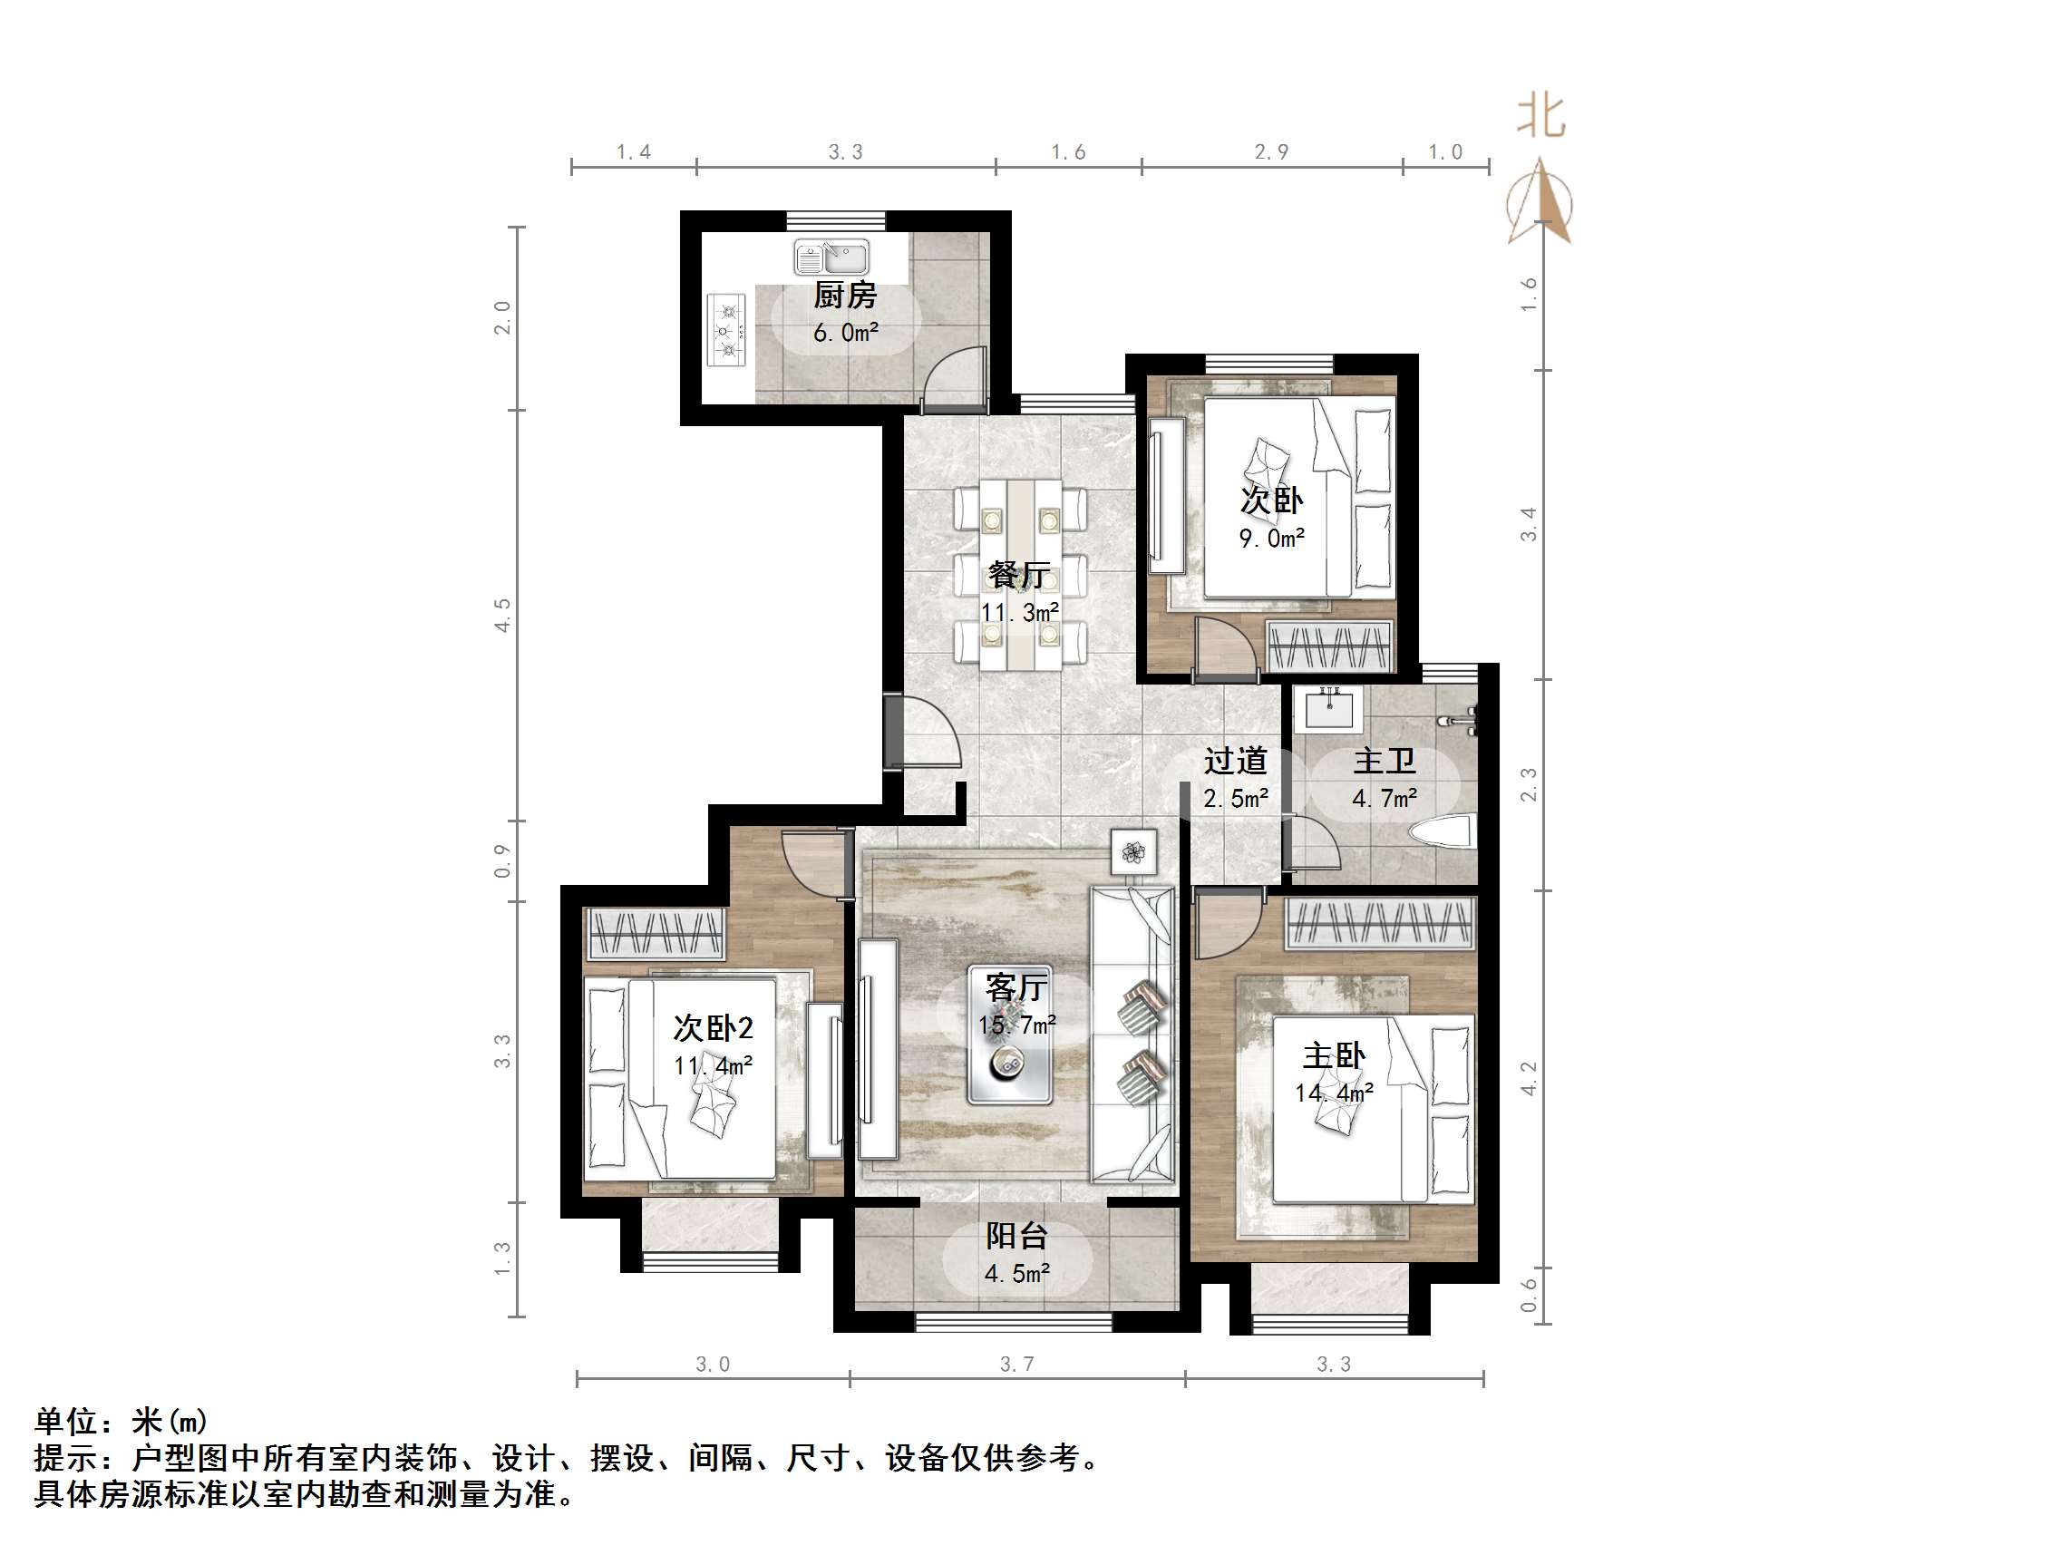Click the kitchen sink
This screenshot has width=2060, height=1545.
(x=831, y=257)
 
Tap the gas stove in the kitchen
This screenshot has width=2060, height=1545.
(x=727, y=330)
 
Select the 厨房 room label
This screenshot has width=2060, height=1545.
(x=845, y=296)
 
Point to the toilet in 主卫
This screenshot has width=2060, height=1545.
(x=1442, y=831)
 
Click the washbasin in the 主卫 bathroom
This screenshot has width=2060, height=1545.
(x=1329, y=708)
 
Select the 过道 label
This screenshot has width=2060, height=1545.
(x=1235, y=761)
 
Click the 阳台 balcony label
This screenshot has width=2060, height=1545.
(x=1017, y=1236)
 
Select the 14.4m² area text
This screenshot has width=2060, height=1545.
(x=1334, y=1093)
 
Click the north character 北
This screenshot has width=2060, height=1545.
(x=1540, y=116)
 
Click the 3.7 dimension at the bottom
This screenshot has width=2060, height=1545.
(x=1016, y=1365)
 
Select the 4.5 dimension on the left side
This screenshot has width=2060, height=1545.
(x=503, y=616)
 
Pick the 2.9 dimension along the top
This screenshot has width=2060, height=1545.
(x=1271, y=151)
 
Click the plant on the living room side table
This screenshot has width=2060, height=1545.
(x=1133, y=851)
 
